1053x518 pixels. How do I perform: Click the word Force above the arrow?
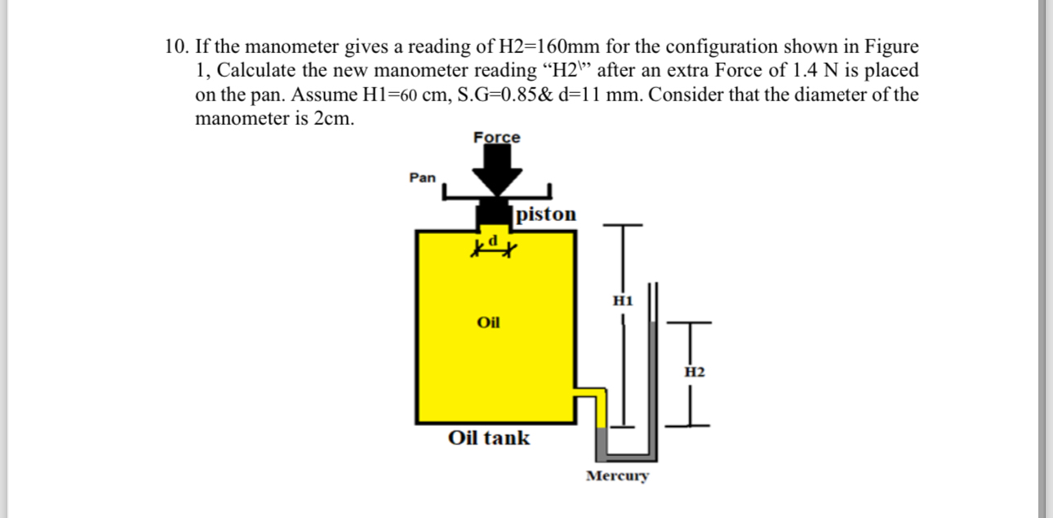[496, 137]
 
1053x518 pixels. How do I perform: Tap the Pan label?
[422, 177]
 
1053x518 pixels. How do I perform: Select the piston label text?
[546, 215]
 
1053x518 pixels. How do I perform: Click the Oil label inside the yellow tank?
[488, 322]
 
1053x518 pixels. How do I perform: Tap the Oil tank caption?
[488, 438]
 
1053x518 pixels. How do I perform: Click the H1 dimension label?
[623, 300]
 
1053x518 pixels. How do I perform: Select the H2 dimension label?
[693, 372]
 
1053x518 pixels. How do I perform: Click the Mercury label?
[617, 476]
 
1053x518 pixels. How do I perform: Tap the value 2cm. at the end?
[335, 118]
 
